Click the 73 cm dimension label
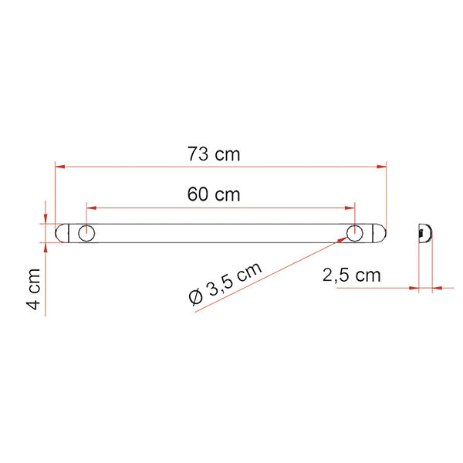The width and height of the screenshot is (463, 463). [x=214, y=154]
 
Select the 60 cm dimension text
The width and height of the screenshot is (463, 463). [x=214, y=194]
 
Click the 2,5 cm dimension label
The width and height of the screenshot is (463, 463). [x=352, y=275]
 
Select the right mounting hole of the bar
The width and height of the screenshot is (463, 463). [x=354, y=233]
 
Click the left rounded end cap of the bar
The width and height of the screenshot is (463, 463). [x=65, y=233]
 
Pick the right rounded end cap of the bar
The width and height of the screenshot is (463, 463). [x=378, y=233]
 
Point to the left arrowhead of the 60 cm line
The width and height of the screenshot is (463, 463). [x=90, y=207]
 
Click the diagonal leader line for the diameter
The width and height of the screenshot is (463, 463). [x=270, y=275]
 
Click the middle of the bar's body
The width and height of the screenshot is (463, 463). [x=221, y=233]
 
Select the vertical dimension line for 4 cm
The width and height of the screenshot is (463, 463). [x=46, y=262]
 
